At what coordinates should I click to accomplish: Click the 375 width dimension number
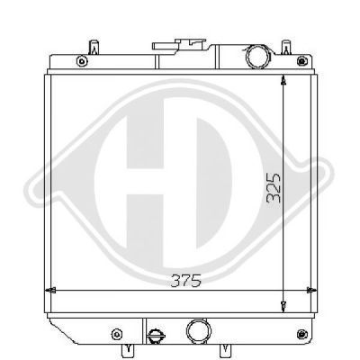click(185, 281)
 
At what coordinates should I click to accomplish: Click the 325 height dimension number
click(274, 188)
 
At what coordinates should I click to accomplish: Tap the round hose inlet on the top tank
click(257, 57)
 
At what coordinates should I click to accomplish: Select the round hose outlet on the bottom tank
click(199, 330)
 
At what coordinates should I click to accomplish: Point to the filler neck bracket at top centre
click(179, 46)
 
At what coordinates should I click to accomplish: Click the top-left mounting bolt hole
click(82, 61)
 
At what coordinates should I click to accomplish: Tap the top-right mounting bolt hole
click(302, 61)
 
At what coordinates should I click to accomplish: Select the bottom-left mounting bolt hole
click(117, 334)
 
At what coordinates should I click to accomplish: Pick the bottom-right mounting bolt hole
click(301, 334)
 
